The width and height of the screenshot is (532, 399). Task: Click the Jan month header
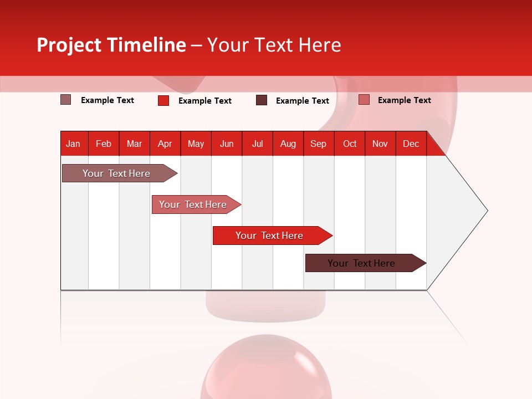tap(73, 144)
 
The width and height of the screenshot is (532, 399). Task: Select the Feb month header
tap(104, 144)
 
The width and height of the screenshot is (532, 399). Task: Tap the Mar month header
tap(134, 144)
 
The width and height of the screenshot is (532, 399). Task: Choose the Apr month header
tap(165, 144)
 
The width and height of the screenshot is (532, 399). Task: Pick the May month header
tap(196, 144)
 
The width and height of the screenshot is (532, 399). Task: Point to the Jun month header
tap(227, 144)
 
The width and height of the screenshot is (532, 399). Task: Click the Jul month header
tap(257, 144)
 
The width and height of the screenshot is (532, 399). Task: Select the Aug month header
tap(288, 144)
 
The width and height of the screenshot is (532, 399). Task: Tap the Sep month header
tap(319, 144)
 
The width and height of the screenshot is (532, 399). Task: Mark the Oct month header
tap(350, 144)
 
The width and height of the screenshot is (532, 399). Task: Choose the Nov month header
tap(380, 144)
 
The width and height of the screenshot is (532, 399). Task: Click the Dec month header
tap(411, 144)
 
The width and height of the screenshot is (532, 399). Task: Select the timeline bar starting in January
tap(117, 173)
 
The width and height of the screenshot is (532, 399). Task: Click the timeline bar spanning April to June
tap(193, 204)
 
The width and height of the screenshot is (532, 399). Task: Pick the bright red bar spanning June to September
tap(270, 236)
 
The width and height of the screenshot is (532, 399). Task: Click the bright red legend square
tap(163, 100)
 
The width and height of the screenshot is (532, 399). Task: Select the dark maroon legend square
tap(262, 100)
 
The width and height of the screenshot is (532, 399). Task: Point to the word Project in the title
tap(69, 45)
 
